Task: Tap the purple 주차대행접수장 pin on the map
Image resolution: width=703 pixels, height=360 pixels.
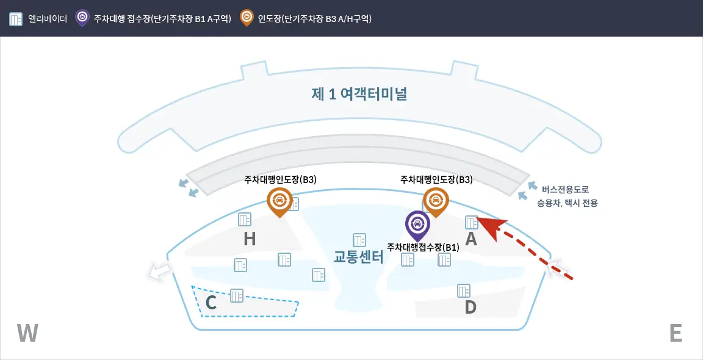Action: point(417,225)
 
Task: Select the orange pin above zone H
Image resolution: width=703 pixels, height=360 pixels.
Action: point(279,201)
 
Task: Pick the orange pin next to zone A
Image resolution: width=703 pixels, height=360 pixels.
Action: point(436,201)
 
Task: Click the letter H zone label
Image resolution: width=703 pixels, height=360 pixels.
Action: point(249,239)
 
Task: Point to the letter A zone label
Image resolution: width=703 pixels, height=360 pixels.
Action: point(471,239)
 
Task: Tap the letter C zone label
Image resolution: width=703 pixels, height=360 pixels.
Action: point(211,303)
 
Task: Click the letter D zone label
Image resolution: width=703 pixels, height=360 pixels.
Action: point(470,307)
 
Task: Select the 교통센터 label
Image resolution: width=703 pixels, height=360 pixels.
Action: point(358,256)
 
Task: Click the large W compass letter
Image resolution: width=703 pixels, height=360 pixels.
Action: point(27,333)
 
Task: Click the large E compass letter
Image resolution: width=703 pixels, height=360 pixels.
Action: point(675,333)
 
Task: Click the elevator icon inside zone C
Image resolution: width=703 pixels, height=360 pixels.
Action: point(237,296)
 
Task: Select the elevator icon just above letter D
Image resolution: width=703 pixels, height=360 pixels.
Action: point(464,290)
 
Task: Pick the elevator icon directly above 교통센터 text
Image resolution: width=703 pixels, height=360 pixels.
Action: point(359,240)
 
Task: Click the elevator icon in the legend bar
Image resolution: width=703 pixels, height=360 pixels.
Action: point(16,18)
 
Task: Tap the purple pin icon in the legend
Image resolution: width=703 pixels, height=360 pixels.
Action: point(82,17)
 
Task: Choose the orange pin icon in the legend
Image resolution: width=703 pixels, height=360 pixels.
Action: point(247,17)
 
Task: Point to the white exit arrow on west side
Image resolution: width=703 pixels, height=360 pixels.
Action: point(160,273)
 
